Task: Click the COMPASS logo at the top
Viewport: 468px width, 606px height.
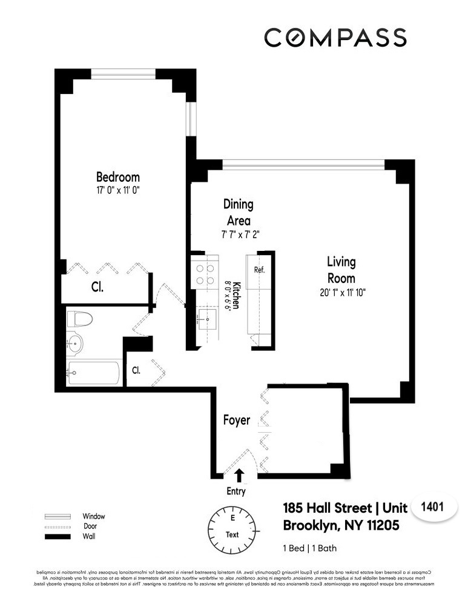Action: pos(335,37)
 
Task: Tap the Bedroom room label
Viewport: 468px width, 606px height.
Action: pos(118,177)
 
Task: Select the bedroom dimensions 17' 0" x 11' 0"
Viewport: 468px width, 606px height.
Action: pos(118,190)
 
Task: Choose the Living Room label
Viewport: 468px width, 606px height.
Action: pos(341,271)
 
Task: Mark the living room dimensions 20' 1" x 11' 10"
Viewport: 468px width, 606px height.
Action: pos(341,292)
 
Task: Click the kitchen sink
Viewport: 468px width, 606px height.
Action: pos(208,318)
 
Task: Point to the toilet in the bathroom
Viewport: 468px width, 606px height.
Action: pos(79,319)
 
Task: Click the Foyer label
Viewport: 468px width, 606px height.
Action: pos(236,420)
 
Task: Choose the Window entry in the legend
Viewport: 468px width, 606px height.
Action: pos(93,516)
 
